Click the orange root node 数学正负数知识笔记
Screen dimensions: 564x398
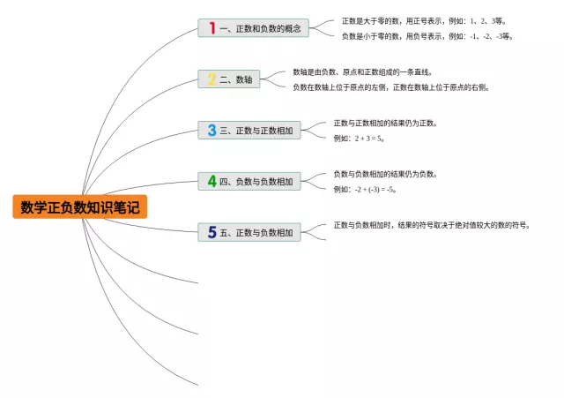coord(79,207)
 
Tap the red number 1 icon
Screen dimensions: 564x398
coord(211,28)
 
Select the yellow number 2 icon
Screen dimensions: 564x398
coord(211,79)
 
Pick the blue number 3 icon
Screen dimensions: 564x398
coord(211,131)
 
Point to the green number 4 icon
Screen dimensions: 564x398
coord(211,182)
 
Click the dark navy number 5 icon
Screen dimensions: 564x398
coord(211,233)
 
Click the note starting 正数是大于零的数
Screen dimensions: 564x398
coord(423,20)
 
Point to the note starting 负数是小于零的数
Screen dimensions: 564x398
coord(427,36)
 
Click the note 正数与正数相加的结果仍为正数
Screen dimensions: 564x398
coord(384,123)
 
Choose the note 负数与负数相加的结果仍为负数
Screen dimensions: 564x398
coord(384,174)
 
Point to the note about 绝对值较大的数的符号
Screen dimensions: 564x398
coord(432,225)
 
